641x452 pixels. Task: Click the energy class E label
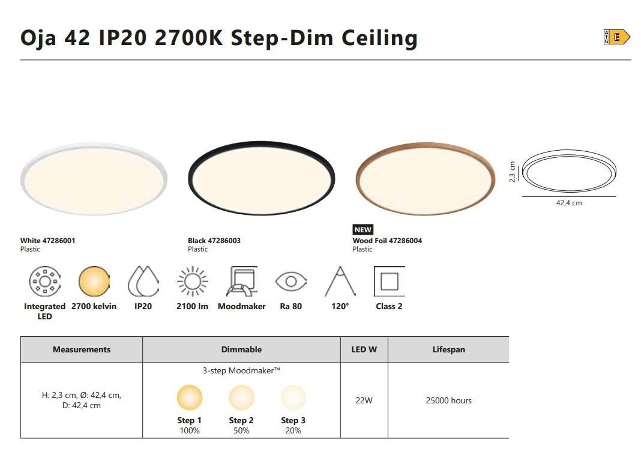click(x=616, y=37)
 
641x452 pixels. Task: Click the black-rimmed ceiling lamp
click(x=261, y=178)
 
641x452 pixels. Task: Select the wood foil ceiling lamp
click(x=425, y=179)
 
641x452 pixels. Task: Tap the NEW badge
click(x=363, y=230)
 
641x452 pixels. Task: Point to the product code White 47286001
click(x=48, y=241)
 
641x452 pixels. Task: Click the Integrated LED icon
click(x=45, y=281)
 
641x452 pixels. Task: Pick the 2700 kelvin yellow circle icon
click(x=94, y=281)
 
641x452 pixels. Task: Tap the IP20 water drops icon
click(x=143, y=281)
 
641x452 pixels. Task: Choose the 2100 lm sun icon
click(x=193, y=281)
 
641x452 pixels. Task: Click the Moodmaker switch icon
click(x=242, y=281)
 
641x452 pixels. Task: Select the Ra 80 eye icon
click(x=290, y=281)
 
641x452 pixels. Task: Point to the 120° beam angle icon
click(x=340, y=281)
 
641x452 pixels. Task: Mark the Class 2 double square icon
click(x=389, y=281)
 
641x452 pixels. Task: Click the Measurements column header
click(x=82, y=349)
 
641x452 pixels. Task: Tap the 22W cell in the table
click(x=364, y=400)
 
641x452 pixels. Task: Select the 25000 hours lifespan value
click(x=448, y=400)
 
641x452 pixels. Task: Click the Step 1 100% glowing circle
click(x=189, y=397)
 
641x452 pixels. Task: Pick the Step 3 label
click(x=293, y=420)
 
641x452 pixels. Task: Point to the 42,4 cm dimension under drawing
click(x=568, y=203)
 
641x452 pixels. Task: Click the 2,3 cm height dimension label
click(x=512, y=172)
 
